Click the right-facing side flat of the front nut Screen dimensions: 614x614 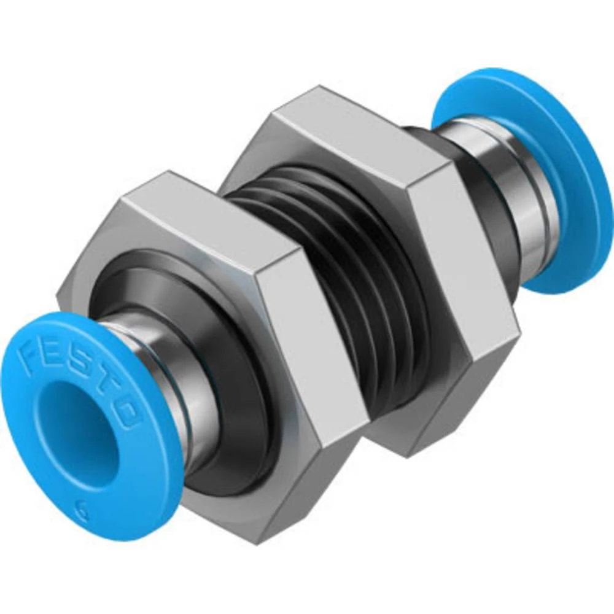[x=313, y=344]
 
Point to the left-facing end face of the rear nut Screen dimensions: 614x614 [x=258, y=160]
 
